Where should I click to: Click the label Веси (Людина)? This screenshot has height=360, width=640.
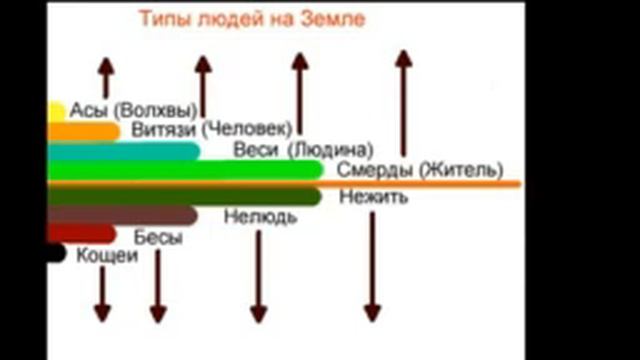(x=275, y=150)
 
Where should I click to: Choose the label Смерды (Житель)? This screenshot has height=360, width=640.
(x=419, y=169)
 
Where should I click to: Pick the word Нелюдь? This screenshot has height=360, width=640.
(x=259, y=215)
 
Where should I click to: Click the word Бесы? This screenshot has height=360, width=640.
(x=158, y=237)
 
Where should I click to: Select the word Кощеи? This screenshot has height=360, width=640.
(x=107, y=255)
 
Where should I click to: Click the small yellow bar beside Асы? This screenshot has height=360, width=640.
(x=56, y=111)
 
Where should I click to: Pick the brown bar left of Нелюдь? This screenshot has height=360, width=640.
(x=120, y=214)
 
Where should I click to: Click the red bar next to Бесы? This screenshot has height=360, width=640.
(x=81, y=234)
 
